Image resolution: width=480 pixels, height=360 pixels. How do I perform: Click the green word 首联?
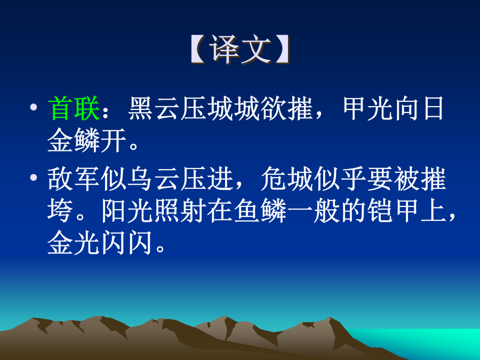[74, 108]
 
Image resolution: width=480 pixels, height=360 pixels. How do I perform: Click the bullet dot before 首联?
[34, 107]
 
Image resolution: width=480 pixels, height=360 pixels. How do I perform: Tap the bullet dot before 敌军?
[34, 178]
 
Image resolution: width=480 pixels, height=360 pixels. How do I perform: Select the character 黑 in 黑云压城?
[141, 108]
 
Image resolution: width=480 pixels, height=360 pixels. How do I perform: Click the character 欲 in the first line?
[274, 108]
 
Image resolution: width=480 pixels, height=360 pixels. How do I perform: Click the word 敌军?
[74, 179]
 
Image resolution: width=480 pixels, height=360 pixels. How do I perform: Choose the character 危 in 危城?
[274, 179]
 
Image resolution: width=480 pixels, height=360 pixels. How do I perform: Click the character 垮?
[60, 211]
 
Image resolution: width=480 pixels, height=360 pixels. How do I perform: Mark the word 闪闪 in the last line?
[127, 243]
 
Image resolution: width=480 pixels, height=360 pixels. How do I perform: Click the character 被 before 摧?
[407, 179]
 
